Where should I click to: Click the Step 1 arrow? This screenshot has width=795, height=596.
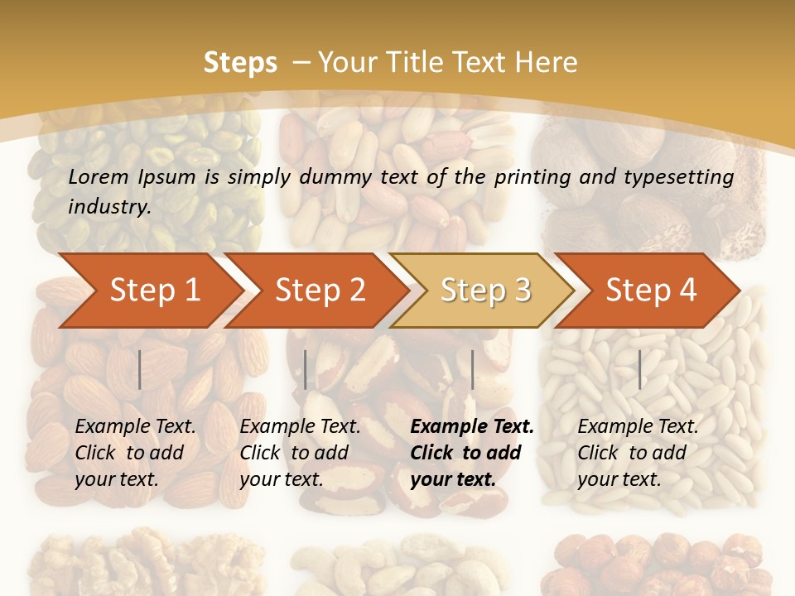pyautogui.click(x=153, y=291)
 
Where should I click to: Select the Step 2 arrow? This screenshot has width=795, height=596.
pyautogui.click(x=319, y=291)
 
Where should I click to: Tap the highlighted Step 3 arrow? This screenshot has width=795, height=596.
pyautogui.click(x=484, y=291)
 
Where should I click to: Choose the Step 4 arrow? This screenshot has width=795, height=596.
pyautogui.click(x=650, y=291)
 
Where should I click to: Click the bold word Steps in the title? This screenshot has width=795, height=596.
pyautogui.click(x=240, y=62)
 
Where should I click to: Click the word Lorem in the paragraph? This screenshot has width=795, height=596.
pyautogui.click(x=98, y=176)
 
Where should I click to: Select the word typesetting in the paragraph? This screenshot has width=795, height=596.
pyautogui.click(x=686, y=176)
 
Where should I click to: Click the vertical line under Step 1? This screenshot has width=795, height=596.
pyautogui.click(x=140, y=369)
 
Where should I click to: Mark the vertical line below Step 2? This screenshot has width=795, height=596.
pyautogui.click(x=306, y=369)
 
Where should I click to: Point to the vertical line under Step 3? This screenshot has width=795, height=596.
pyautogui.click(x=472, y=369)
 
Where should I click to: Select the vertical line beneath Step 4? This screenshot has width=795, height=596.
pyautogui.click(x=639, y=369)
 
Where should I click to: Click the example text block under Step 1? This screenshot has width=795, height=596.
pyautogui.click(x=135, y=453)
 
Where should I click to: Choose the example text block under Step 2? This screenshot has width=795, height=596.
pyautogui.click(x=300, y=453)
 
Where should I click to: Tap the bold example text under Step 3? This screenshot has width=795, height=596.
pyautogui.click(x=472, y=453)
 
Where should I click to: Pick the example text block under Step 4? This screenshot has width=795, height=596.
pyautogui.click(x=638, y=453)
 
